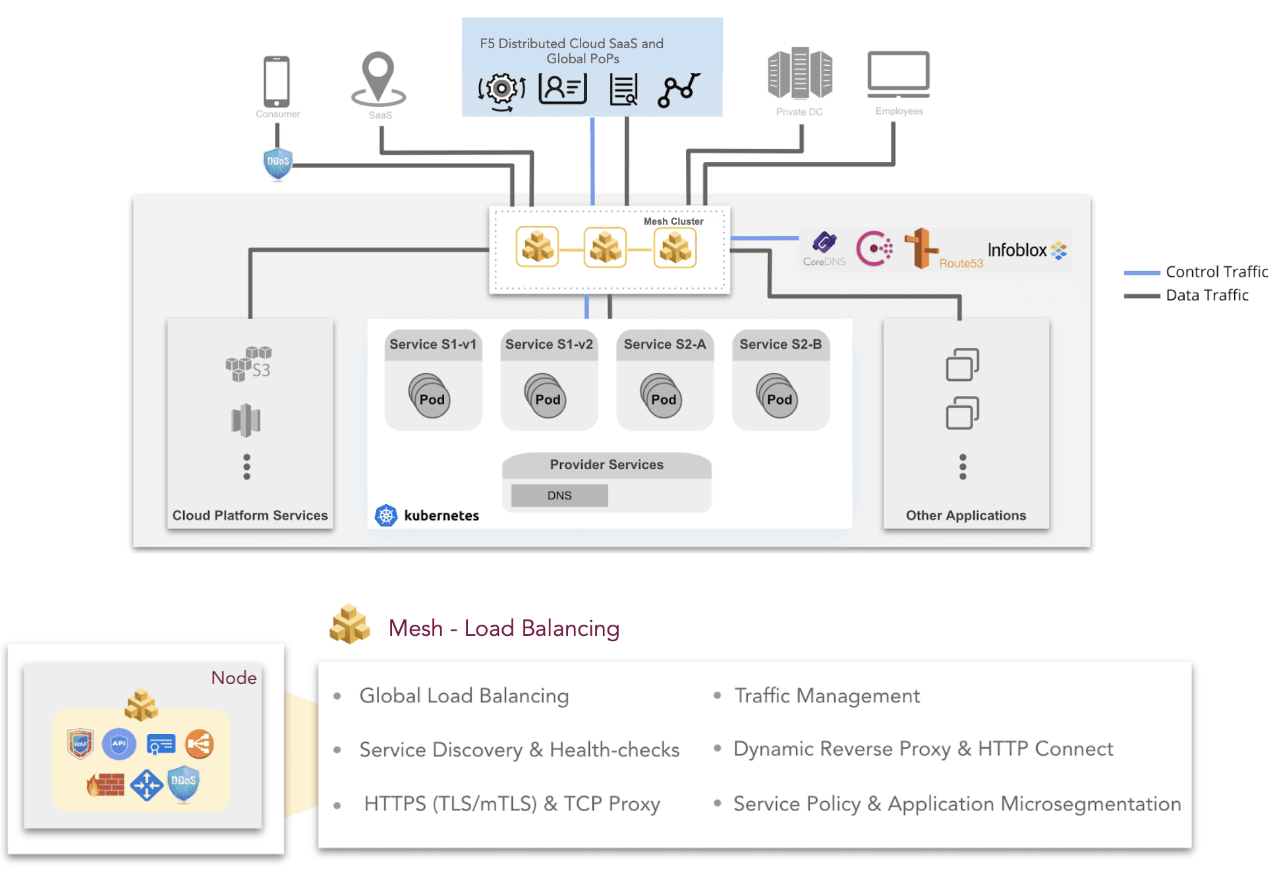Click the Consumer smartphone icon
(277, 82)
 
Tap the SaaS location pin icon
(378, 80)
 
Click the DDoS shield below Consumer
(278, 163)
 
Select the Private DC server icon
(799, 73)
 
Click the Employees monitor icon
(898, 73)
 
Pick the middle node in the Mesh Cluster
(605, 248)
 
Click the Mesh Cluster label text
(673, 221)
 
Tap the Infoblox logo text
(1017, 250)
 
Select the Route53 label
(961, 264)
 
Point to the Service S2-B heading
(780, 345)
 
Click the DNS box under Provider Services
(559, 496)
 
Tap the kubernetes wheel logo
(386, 515)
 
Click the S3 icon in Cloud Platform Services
(248, 363)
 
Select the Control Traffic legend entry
(1216, 272)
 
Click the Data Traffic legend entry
(1207, 295)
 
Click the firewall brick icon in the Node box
(105, 784)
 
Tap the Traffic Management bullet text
(826, 696)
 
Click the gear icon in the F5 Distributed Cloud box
(502, 88)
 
